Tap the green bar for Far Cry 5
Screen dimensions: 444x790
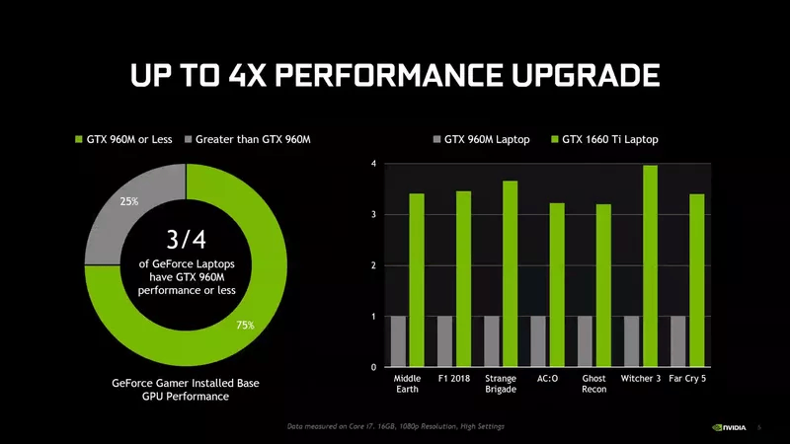point(697,280)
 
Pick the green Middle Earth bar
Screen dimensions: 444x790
point(417,280)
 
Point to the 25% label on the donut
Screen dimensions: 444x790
point(129,202)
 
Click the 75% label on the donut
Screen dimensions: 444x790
point(245,325)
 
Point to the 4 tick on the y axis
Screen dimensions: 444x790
point(372,163)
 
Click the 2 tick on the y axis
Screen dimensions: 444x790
point(372,265)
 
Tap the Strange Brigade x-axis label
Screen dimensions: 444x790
point(501,384)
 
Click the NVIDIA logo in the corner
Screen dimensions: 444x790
point(730,427)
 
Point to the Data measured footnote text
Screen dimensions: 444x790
point(396,425)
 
